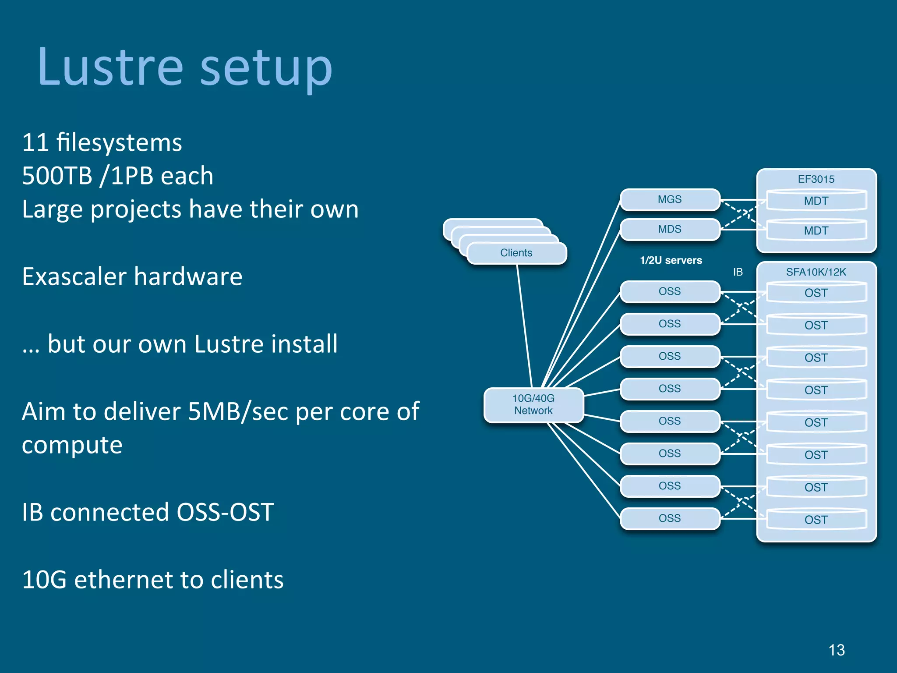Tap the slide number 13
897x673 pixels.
pyautogui.click(x=836, y=650)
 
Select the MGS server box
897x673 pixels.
pyautogui.click(x=670, y=200)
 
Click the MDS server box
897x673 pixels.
pyautogui.click(x=670, y=229)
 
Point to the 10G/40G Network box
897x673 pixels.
pyautogui.click(x=533, y=405)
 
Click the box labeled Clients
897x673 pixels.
pyautogui.click(x=516, y=253)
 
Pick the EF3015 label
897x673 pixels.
pyautogui.click(x=816, y=179)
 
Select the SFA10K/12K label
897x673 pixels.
pyautogui.click(x=816, y=272)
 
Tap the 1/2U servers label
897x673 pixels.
pyautogui.click(x=671, y=260)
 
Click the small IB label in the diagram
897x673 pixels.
pyautogui.click(x=738, y=272)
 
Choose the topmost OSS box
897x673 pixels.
pyautogui.click(x=670, y=292)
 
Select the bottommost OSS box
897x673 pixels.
pyautogui.click(x=670, y=518)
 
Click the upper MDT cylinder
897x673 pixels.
pyautogui.click(x=816, y=201)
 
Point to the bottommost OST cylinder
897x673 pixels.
pyautogui.click(x=816, y=520)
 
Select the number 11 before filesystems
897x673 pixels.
pyautogui.click(x=35, y=143)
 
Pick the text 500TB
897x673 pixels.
pyautogui.click(x=57, y=176)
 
